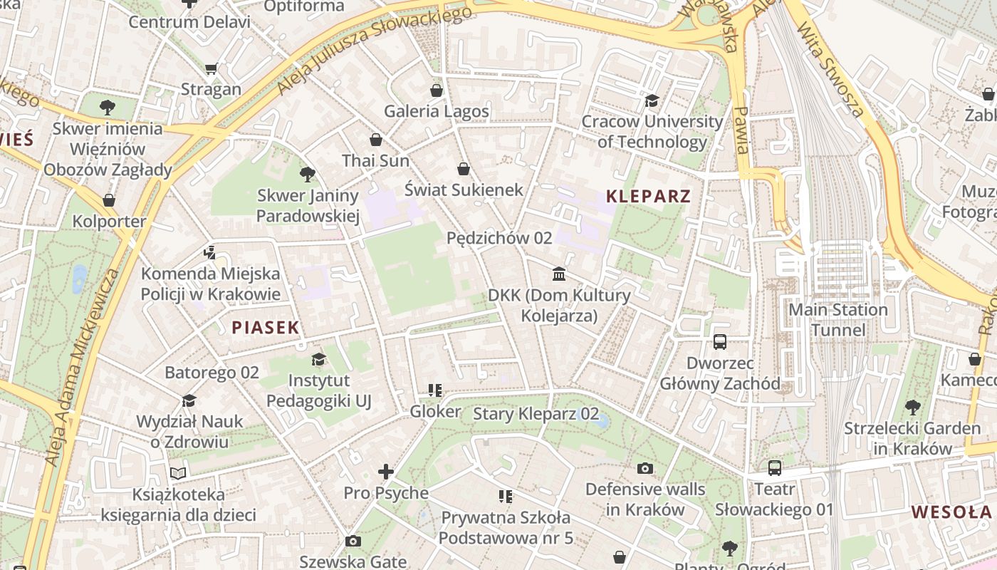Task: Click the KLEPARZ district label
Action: tap(648, 196)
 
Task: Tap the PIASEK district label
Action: tap(265, 327)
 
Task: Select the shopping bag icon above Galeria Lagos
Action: tap(437, 90)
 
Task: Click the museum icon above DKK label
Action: tap(559, 274)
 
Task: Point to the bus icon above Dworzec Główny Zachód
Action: tap(720, 342)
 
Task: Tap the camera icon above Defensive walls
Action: tap(645, 468)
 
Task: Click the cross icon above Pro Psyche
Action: tap(386, 472)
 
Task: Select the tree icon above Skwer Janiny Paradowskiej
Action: tap(308, 174)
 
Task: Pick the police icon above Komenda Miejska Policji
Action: tap(209, 252)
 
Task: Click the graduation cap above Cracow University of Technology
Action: tap(652, 100)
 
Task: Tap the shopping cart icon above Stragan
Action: tap(211, 69)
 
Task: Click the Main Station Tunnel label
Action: tap(838, 320)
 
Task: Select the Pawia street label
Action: tap(741, 130)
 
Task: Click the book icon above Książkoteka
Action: tap(178, 473)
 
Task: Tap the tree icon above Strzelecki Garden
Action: tap(912, 408)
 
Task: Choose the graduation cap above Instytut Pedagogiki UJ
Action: tap(318, 359)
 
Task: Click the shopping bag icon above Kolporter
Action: tap(109, 200)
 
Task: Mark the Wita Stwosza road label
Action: tap(830, 68)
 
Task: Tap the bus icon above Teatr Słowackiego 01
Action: tap(774, 468)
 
